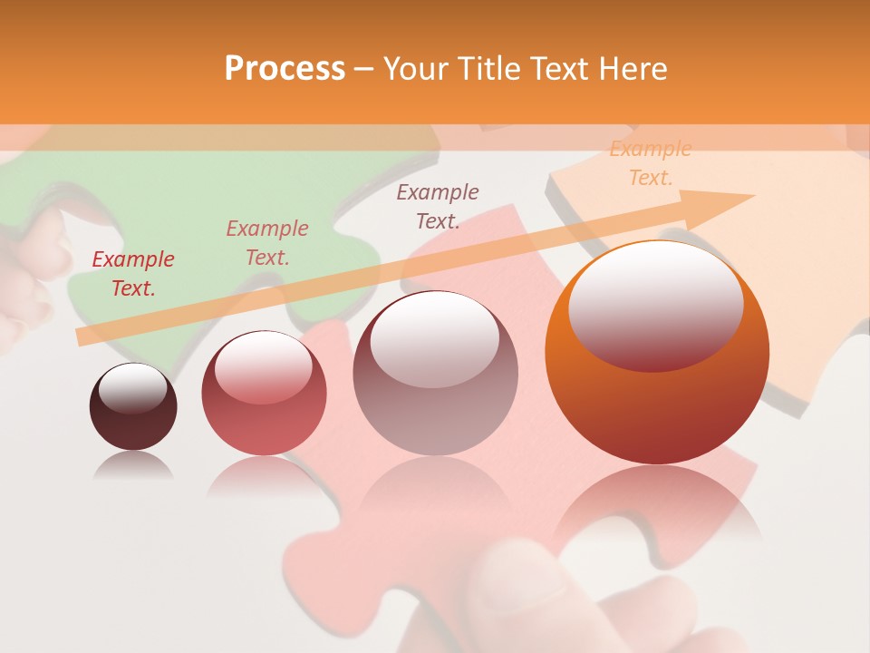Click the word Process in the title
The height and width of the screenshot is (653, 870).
tap(285, 69)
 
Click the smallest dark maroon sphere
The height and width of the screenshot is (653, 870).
tap(133, 408)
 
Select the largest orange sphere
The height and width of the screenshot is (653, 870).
tap(657, 363)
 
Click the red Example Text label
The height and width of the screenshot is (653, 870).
tap(133, 274)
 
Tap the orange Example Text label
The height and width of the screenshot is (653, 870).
tap(650, 163)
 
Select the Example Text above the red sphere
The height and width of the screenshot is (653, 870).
tap(267, 243)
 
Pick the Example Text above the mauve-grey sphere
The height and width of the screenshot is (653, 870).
tap(438, 206)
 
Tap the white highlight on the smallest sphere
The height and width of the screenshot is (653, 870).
tap(132, 387)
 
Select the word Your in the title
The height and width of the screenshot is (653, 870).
tap(414, 69)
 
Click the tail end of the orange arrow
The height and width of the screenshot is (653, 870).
tap(83, 337)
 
